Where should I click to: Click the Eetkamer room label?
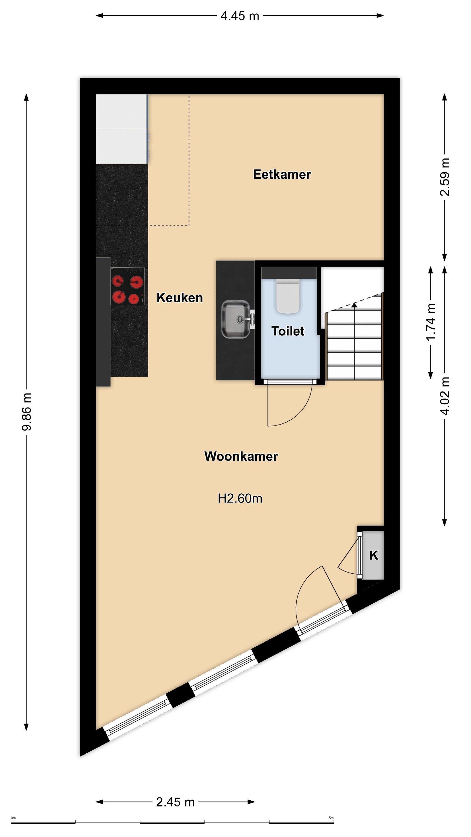(282, 174)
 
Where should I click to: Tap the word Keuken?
(179, 298)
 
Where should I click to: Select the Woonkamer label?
(241, 456)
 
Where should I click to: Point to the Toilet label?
(288, 331)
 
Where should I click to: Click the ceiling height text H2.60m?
(240, 498)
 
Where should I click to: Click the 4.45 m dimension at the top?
(240, 16)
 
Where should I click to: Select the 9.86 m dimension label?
(26, 412)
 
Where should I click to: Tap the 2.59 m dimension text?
(445, 177)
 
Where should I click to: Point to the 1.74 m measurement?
(431, 322)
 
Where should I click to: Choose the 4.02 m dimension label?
(445, 396)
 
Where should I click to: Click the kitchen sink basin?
(236, 319)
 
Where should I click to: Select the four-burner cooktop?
(127, 286)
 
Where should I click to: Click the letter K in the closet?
(374, 555)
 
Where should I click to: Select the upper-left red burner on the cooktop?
(118, 281)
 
